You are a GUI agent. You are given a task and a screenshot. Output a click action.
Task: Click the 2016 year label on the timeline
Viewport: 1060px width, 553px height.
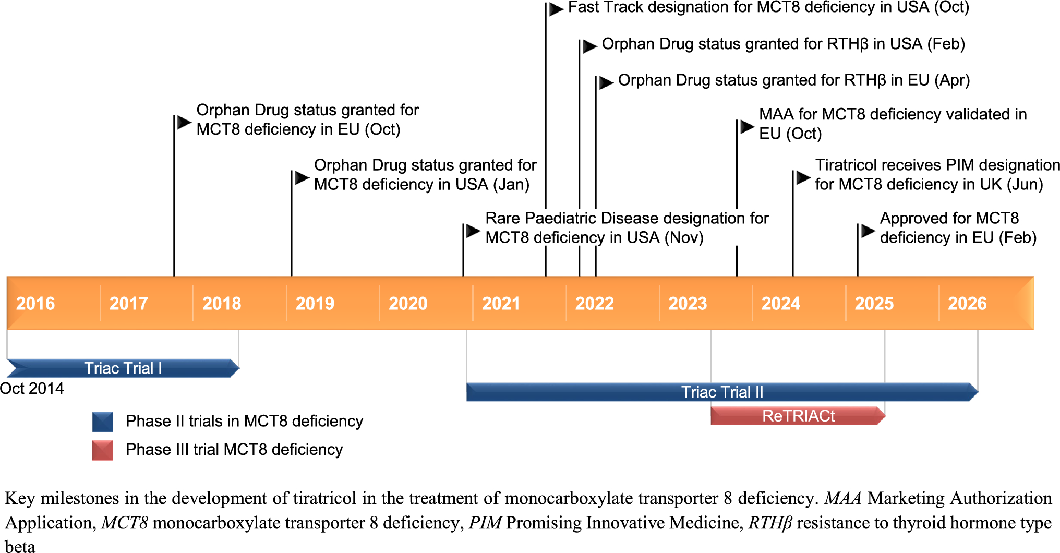(35, 303)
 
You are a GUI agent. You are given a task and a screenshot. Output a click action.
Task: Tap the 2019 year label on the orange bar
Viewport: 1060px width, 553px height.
(315, 303)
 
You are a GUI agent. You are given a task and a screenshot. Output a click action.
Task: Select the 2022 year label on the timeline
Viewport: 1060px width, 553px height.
(594, 303)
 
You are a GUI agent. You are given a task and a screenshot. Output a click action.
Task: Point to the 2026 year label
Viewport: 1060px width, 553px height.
(967, 303)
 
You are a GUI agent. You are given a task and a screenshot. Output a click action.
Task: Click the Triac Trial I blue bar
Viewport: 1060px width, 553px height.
(123, 368)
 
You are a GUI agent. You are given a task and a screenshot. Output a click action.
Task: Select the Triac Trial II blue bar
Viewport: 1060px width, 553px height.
(722, 392)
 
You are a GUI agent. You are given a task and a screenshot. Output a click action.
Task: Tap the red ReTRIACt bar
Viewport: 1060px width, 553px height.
(798, 416)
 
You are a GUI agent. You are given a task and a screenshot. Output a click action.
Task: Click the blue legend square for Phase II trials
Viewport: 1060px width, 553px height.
(102, 422)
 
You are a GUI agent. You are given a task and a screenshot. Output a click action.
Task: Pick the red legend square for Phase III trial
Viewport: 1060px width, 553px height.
(102, 450)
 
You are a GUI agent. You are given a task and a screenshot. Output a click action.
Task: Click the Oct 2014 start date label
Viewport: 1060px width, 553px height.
(32, 389)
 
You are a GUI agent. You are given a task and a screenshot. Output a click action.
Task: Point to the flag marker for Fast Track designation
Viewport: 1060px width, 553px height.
(556, 9)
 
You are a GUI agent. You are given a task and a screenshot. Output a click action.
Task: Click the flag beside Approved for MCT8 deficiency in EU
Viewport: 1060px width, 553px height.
(868, 231)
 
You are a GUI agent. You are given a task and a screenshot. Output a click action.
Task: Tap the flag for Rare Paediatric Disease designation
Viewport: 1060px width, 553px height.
(473, 231)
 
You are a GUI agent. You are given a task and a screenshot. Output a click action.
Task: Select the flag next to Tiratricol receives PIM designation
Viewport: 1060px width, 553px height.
(803, 178)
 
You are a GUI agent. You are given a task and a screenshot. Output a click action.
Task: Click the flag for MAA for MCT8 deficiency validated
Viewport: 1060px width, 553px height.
(747, 126)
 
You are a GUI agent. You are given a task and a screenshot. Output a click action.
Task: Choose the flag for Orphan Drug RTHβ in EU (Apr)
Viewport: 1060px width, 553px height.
(606, 82)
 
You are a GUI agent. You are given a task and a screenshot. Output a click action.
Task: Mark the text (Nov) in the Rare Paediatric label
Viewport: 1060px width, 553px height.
(683, 238)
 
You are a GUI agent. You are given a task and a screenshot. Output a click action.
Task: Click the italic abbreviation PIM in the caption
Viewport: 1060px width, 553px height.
(485, 523)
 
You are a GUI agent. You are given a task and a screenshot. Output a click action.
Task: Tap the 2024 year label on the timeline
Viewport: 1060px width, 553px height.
(780, 303)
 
